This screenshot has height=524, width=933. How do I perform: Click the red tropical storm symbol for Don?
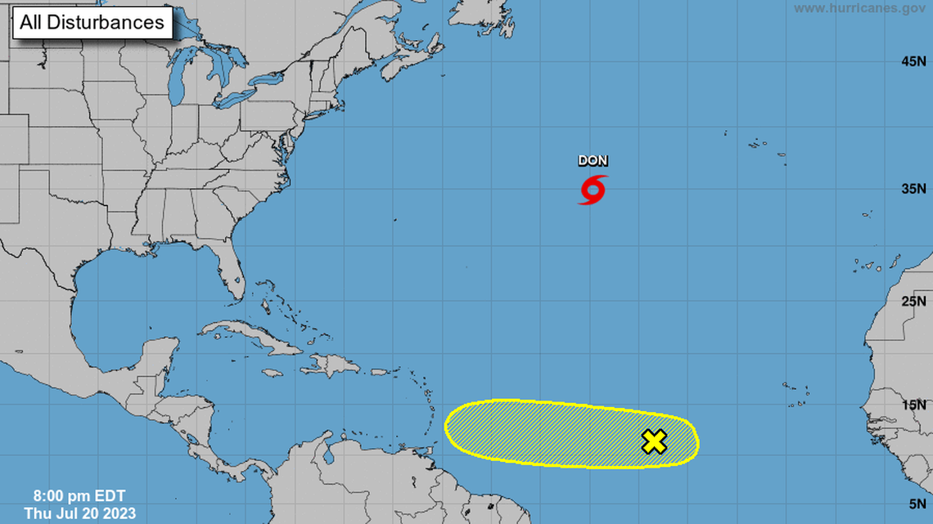click(x=593, y=189)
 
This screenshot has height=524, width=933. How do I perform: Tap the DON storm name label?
click(x=593, y=161)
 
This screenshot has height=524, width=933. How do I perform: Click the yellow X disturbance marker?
click(x=654, y=441)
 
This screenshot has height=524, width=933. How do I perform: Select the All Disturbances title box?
click(x=92, y=22)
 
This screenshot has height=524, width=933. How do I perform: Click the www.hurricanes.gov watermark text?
click(x=859, y=8)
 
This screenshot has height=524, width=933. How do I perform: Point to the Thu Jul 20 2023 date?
click(x=79, y=513)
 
